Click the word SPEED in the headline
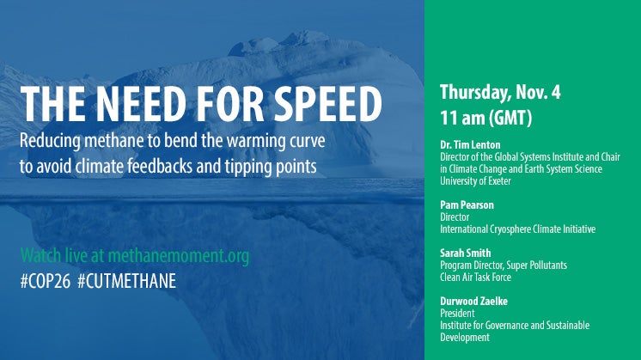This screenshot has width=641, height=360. (328, 104)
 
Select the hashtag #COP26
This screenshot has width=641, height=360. (46, 281)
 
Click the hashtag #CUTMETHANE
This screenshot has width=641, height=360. (126, 281)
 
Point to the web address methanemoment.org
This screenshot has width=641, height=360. (179, 256)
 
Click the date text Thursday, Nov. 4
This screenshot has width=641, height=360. (500, 92)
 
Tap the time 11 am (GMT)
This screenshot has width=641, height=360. (486, 118)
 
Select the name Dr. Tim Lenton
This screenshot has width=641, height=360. (470, 144)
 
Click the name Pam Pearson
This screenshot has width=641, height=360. (467, 204)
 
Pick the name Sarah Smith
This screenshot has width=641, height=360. (465, 253)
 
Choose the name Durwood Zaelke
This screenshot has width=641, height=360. (473, 302)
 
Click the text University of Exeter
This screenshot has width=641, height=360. (475, 180)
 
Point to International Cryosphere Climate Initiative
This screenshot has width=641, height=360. (517, 229)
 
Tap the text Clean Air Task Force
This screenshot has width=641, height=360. (475, 277)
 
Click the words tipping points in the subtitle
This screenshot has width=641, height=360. (270, 167)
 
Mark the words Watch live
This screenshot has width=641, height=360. (53, 256)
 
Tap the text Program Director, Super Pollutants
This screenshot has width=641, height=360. (504, 265)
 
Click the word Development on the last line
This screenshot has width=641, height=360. (465, 338)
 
